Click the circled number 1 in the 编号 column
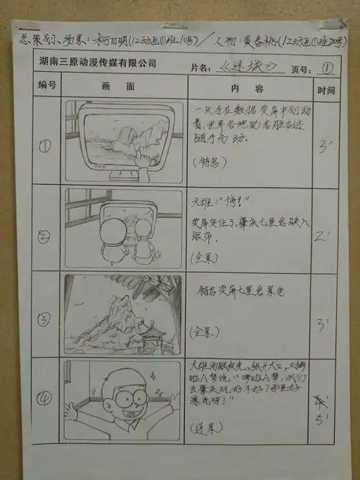(x=45, y=146)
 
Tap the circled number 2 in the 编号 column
(x=45, y=234)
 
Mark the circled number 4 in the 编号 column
(x=44, y=399)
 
